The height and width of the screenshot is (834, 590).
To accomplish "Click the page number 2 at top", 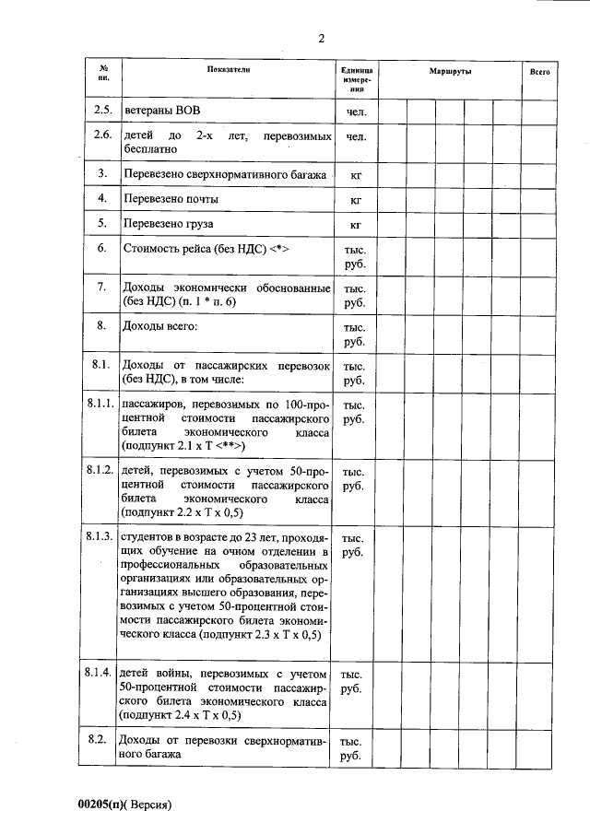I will [321, 38].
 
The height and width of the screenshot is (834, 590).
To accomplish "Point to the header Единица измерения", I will [356, 80].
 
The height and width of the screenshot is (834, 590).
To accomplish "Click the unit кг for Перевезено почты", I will [355, 199].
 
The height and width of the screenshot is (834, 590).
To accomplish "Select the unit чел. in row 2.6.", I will [356, 137].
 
